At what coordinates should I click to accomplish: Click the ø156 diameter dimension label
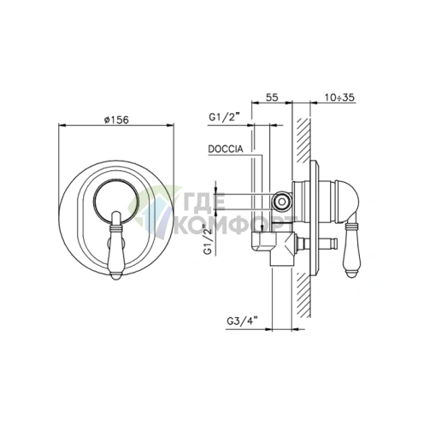pos(116,120)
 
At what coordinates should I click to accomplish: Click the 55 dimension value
pos(272,97)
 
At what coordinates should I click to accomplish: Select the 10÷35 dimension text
pos(339,97)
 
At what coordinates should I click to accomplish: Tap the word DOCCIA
pos(226,149)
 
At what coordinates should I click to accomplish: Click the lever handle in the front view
pos(116,245)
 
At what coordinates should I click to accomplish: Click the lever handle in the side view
pos(352,247)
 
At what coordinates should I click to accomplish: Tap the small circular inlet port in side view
pos(282,202)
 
